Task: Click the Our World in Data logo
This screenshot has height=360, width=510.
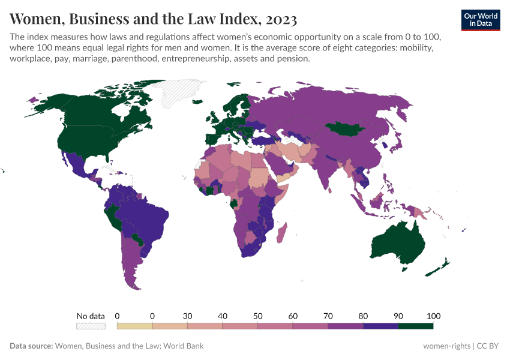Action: [481, 19]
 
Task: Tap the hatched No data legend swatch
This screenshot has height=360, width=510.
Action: [91, 326]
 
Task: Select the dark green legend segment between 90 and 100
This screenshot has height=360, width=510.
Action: [415, 326]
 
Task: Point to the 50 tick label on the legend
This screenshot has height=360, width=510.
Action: [257, 316]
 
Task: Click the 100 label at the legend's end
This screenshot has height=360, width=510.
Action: [433, 316]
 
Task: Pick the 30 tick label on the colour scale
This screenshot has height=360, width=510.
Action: [187, 316]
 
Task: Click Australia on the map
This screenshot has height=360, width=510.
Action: [399, 243]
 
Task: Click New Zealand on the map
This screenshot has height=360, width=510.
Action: [439, 267]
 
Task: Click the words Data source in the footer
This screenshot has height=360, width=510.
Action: [31, 346]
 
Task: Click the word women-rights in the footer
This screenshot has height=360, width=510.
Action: [446, 346]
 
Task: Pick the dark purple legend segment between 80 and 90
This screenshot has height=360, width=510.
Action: [380, 326]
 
